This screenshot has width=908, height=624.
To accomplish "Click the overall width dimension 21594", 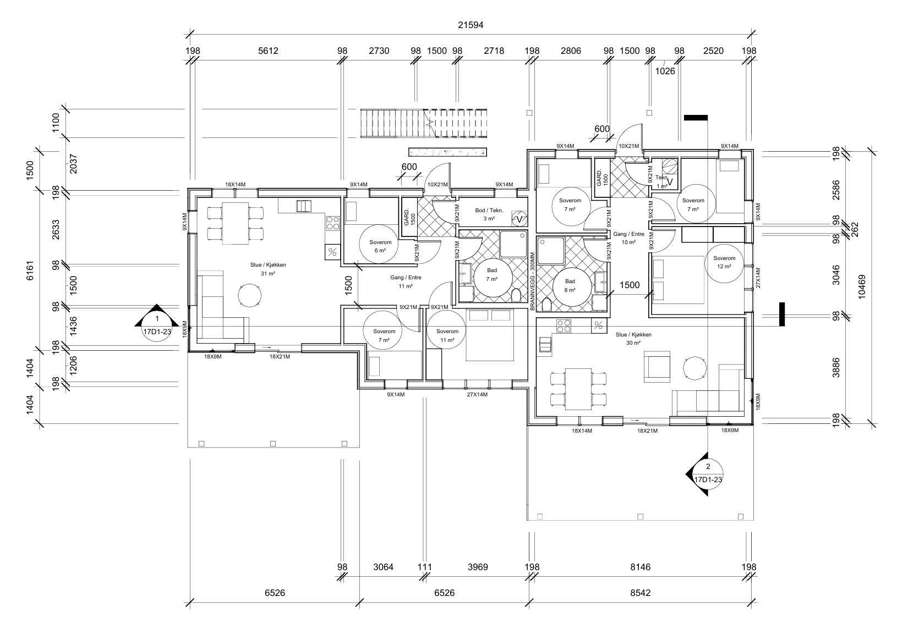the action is (x=471, y=25).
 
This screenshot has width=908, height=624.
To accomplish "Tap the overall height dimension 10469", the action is (x=862, y=287).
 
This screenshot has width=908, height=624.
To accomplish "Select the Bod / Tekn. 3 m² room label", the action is (x=489, y=214).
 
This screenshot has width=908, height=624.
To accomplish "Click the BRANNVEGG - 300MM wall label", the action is (x=533, y=281).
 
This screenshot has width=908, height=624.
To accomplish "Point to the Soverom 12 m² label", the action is (x=724, y=262).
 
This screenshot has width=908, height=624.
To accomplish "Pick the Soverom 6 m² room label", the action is (x=380, y=247).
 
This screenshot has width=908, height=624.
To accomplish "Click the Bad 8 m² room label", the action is (x=570, y=285).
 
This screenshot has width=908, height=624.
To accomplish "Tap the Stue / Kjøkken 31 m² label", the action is (x=268, y=269).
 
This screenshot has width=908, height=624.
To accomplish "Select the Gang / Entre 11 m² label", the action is (x=406, y=282).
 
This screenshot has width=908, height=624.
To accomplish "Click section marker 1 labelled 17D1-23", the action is (x=157, y=324).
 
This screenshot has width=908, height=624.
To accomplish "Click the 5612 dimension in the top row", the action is (x=268, y=51).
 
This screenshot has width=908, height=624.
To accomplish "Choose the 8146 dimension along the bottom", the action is (x=640, y=567).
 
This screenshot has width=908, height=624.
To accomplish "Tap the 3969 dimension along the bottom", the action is (x=478, y=567).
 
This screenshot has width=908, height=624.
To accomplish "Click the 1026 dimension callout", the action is (x=665, y=71).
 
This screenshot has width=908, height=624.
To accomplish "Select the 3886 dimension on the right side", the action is (x=836, y=368).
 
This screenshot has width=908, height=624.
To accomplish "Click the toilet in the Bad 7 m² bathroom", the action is (x=516, y=296).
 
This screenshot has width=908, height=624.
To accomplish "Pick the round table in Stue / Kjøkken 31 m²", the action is (x=249, y=296).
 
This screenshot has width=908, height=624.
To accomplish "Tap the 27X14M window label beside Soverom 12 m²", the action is (x=758, y=278).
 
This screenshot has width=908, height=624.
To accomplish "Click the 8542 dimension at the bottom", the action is (x=640, y=593).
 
